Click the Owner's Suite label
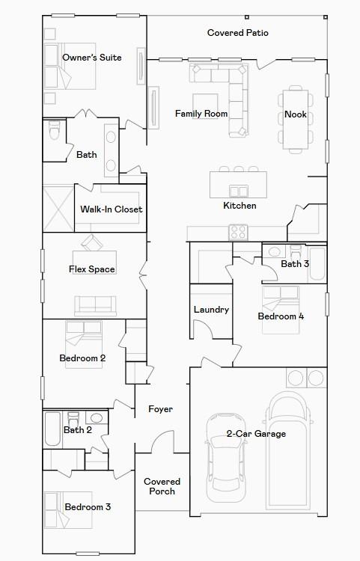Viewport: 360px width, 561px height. click(91, 58)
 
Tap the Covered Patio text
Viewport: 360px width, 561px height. click(237, 33)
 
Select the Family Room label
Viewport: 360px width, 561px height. click(201, 114)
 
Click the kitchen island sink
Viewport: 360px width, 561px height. click(239, 191)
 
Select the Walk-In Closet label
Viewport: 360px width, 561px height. click(111, 209)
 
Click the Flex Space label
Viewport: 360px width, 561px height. click(91, 269)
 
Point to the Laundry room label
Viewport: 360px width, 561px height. click(210, 310)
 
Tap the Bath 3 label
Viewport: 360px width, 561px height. click(294, 264)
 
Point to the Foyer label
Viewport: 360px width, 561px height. click(160, 409)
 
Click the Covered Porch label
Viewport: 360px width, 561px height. click(162, 486)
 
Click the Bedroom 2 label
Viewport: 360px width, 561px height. click(82, 358)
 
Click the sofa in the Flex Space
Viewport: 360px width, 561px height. click(95, 304)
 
